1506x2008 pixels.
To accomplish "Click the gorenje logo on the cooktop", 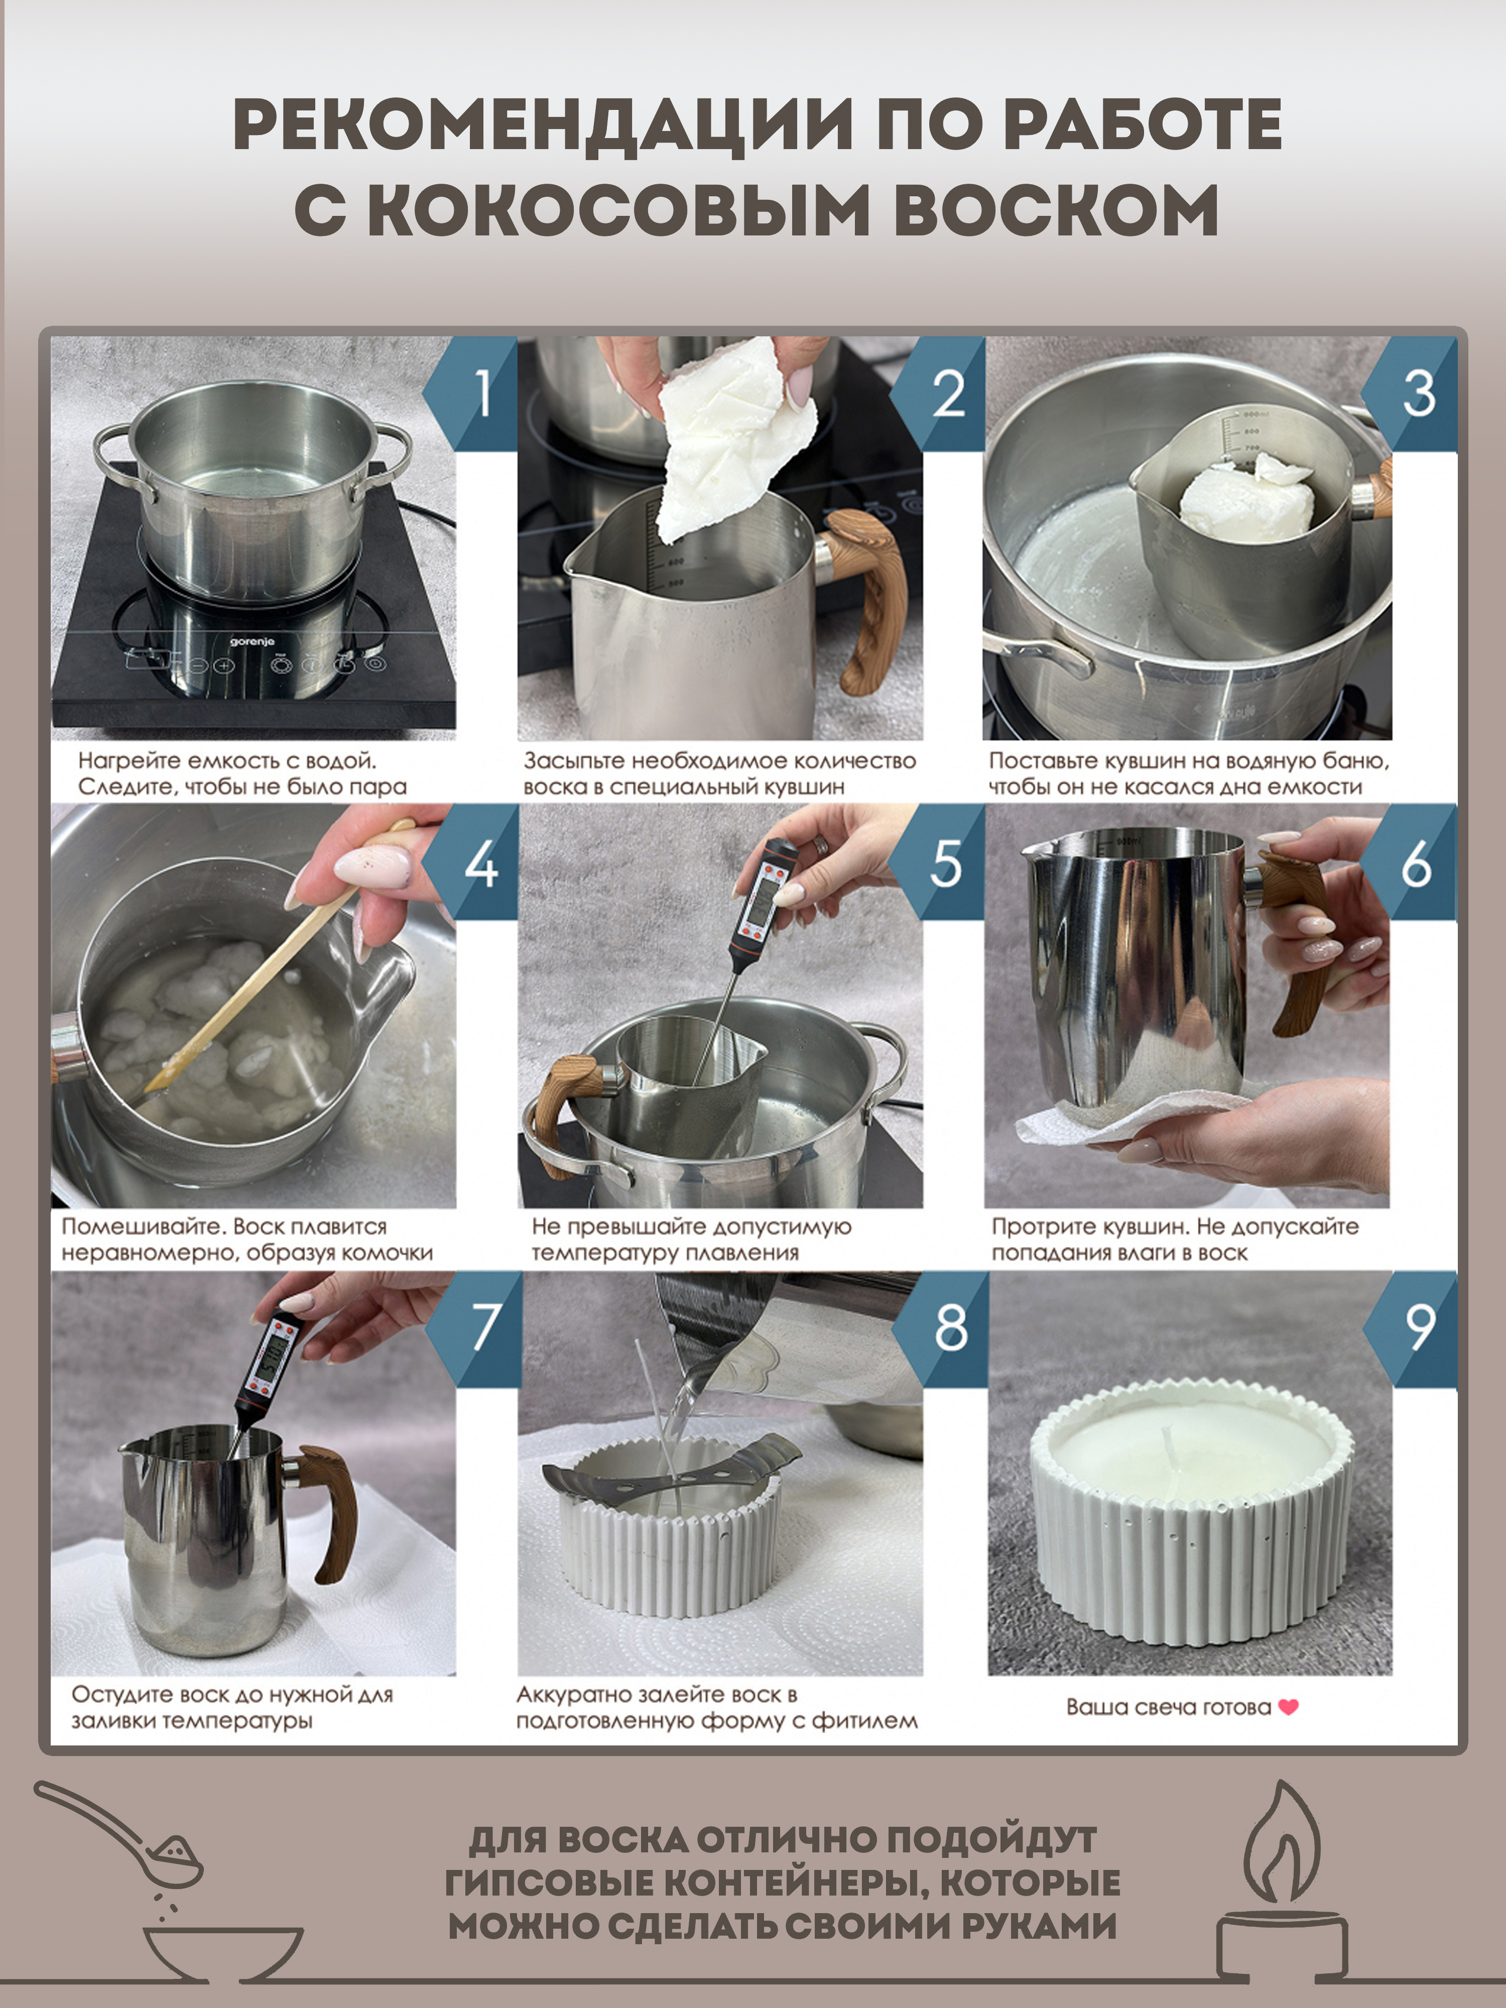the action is coord(252,641).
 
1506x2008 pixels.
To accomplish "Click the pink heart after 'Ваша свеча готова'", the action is coord(1288,1707).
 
